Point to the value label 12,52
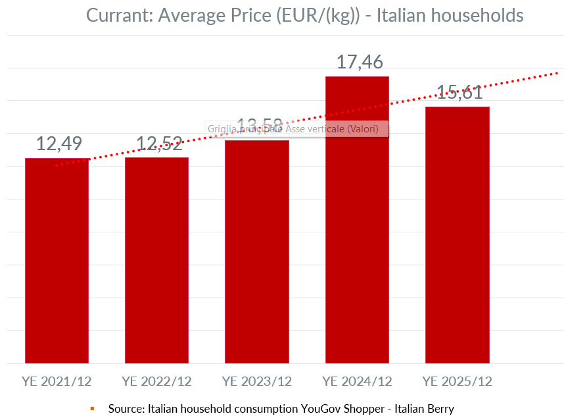point(159,143)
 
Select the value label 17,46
point(360,63)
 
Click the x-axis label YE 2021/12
point(57,381)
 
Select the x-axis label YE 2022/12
point(156,381)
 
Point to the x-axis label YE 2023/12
point(257,381)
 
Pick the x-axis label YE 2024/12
point(357,381)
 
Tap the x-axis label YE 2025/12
point(457,381)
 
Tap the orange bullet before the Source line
point(93,409)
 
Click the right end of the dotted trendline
point(557,72)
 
